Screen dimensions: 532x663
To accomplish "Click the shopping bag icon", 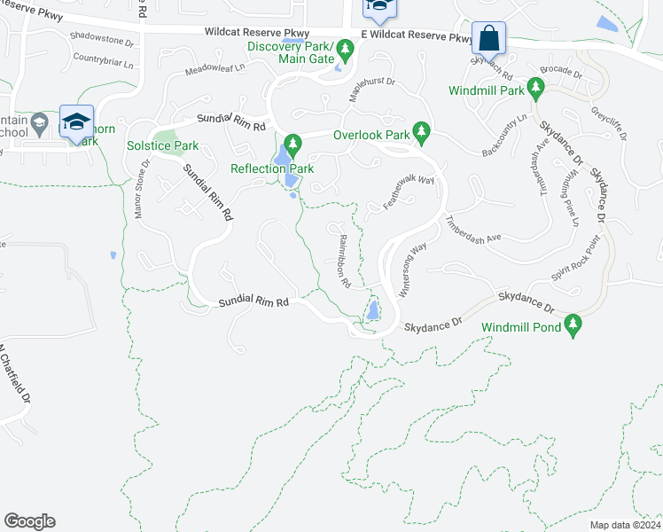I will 488,39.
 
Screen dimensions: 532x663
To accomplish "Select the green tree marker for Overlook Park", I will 422,134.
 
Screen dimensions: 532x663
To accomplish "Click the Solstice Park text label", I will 162,145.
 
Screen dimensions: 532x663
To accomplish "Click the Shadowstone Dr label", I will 101,39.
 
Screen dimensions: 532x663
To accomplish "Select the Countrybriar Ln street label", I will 103,62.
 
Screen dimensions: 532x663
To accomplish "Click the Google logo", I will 29,521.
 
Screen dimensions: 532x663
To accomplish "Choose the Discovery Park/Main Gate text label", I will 290,52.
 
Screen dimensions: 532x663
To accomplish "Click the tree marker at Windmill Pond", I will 573,325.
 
